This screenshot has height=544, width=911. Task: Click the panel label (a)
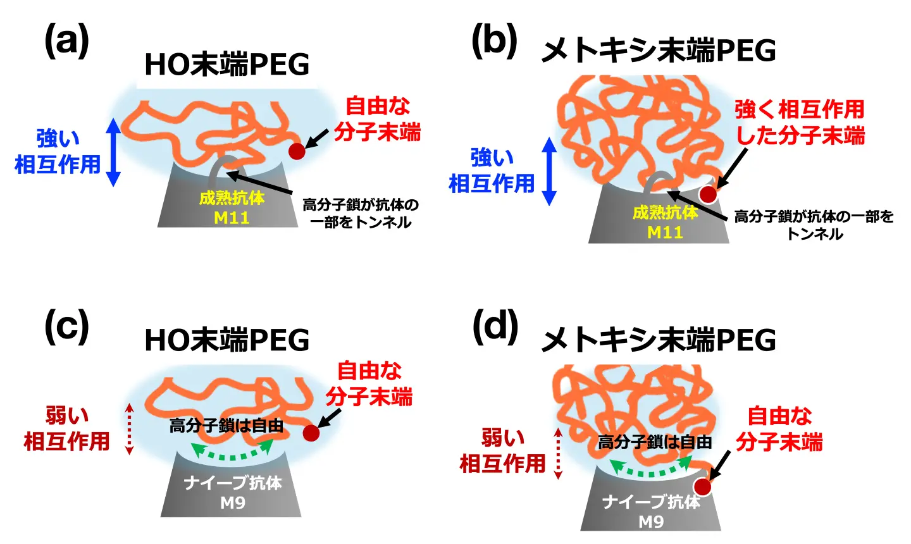(66, 42)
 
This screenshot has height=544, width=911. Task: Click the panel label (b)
(495, 42)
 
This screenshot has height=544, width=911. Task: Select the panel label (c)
(66, 327)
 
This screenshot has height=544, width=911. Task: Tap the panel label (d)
(495, 327)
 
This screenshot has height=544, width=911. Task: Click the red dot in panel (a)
(297, 151)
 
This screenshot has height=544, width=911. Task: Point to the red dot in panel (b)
(707, 194)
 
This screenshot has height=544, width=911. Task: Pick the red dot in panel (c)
(311, 433)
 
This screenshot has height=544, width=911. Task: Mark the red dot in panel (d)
(703, 486)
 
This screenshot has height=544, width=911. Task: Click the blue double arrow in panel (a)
(113, 152)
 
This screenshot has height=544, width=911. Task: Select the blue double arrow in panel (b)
(549, 171)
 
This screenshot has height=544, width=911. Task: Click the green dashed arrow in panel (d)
(650, 470)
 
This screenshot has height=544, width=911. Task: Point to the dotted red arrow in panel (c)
(129, 429)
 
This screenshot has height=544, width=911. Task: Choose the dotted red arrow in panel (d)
(558, 453)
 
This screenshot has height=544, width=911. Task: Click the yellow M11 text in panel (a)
(232, 218)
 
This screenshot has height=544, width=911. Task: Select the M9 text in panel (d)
(651, 522)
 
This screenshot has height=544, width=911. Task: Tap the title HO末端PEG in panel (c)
(226, 340)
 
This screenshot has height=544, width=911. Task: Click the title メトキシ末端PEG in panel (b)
(658, 51)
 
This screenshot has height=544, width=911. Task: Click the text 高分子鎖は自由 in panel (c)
(226, 426)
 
